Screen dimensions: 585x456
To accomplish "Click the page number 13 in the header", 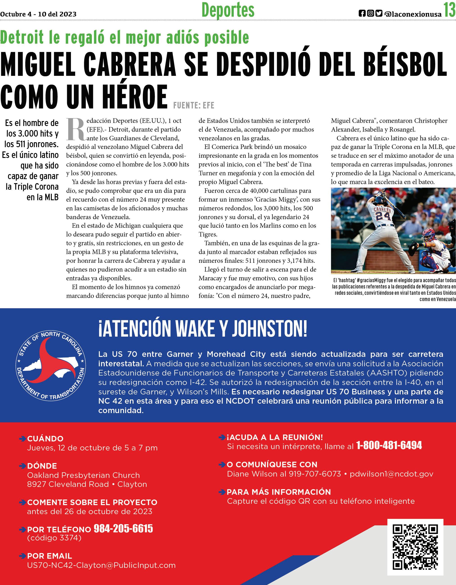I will (x=449, y=10).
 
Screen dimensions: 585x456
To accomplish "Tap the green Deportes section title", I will (x=228, y=10).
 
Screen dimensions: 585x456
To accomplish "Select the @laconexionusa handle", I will (x=413, y=14).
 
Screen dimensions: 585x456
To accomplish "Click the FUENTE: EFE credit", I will (x=194, y=106).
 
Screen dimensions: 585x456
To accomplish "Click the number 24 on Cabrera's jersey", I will (x=383, y=216).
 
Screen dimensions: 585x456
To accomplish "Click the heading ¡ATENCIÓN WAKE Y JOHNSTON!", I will (x=203, y=329).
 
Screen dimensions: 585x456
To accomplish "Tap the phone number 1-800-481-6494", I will (x=389, y=445).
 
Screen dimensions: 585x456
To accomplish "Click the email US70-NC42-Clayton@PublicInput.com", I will (x=101, y=565).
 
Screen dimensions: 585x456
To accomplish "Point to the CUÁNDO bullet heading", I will (x=45, y=439).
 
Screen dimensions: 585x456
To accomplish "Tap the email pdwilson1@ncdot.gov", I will (x=391, y=474).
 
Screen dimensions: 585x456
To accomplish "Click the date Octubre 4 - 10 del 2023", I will (x=38, y=14).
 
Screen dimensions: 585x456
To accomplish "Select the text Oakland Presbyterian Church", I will (x=83, y=475).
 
